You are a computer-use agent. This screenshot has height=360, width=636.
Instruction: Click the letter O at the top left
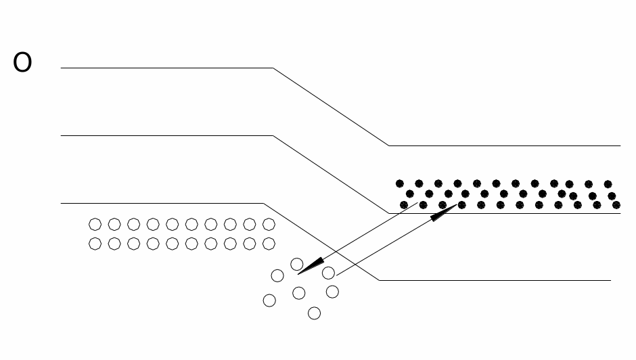[x=22, y=62]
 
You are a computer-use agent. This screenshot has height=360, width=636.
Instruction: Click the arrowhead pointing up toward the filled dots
[x=444, y=212]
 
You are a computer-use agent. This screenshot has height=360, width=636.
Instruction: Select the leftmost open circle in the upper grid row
[x=95, y=225]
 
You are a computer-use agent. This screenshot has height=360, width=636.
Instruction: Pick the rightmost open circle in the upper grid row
[x=269, y=225]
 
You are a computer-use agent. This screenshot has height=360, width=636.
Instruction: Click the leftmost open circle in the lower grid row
[x=95, y=244]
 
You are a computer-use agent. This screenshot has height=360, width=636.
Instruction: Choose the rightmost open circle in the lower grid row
[x=269, y=244]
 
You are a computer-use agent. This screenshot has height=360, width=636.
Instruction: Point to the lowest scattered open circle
[x=315, y=313]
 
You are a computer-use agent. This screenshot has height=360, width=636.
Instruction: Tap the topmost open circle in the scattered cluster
[x=297, y=265]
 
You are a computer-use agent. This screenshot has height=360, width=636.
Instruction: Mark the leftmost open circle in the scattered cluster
[x=269, y=300]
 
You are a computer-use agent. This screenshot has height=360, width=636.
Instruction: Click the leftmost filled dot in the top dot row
[x=400, y=184]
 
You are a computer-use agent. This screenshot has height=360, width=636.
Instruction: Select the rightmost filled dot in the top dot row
[x=608, y=184]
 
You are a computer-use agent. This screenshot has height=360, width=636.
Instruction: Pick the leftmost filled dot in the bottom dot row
[x=404, y=205]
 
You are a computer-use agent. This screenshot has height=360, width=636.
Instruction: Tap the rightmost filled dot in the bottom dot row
[x=616, y=205]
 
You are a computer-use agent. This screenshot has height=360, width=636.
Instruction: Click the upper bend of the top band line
[x=273, y=68]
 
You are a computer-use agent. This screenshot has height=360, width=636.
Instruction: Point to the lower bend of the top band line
[x=388, y=145]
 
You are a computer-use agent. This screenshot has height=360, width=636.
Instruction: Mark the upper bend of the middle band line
[x=273, y=135]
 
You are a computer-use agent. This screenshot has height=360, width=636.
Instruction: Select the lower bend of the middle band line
[x=388, y=213]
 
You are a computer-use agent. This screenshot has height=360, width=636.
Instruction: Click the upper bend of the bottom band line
[x=263, y=203]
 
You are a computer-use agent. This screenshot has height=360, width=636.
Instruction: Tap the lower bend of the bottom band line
[x=380, y=280]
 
